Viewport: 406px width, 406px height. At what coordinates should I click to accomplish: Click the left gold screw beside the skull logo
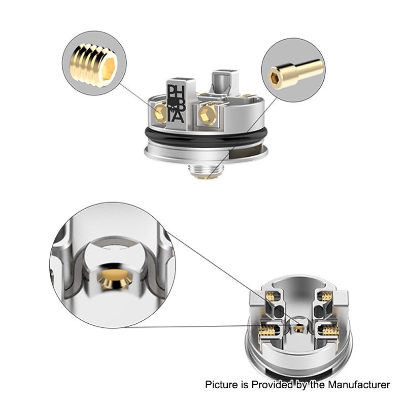pos(158,112)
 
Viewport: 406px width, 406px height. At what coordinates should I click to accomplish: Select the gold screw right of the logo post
pos(208,112)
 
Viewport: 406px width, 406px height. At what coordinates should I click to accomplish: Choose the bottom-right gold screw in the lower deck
pos(328,331)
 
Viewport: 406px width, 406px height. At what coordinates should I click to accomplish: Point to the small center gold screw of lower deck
pos(296,330)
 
